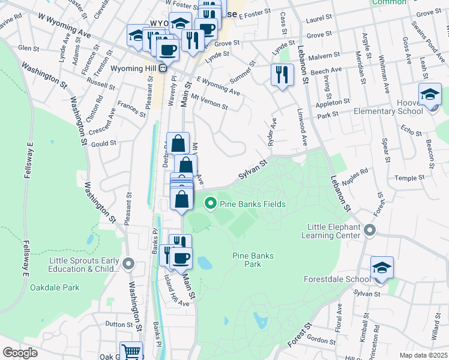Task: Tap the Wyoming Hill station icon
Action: coord(163,68)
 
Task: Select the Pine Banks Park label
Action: coord(253,260)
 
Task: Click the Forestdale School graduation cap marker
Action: coord(382,268)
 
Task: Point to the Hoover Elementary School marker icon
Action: coord(430,95)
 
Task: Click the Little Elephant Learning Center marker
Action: coord(369,230)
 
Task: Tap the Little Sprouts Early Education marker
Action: coord(128,263)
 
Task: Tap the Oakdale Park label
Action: coord(55,287)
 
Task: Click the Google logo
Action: coord(20,353)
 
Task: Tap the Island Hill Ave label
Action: coord(176,292)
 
